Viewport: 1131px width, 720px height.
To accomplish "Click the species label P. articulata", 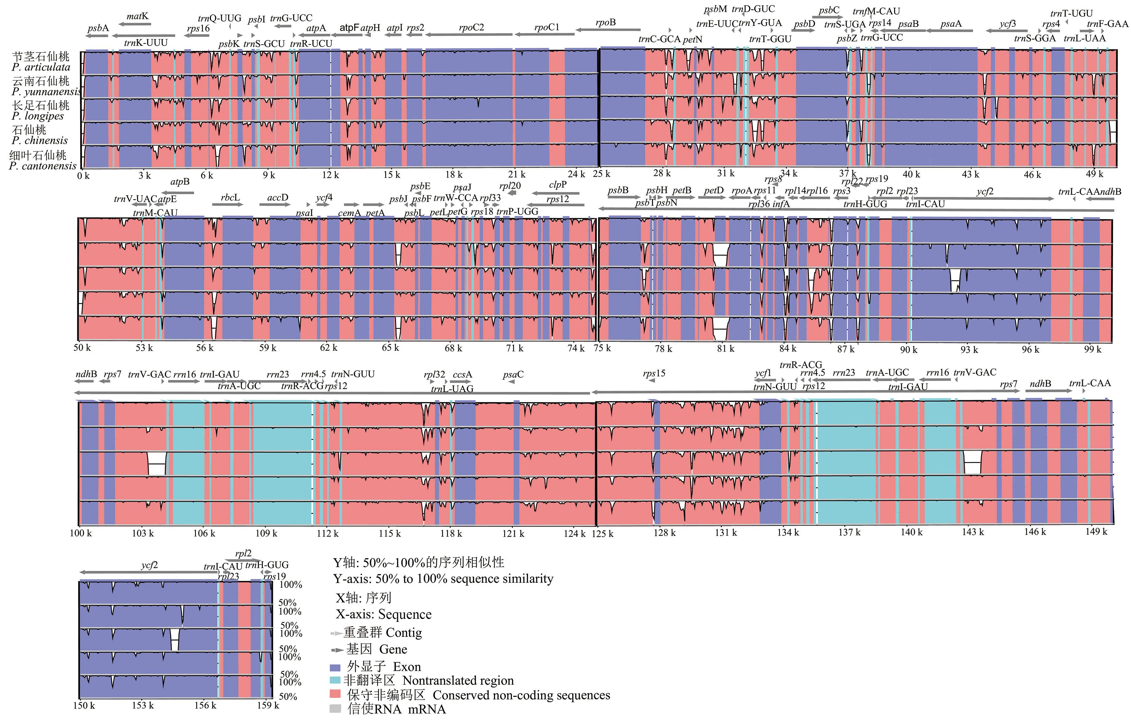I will click(41, 68).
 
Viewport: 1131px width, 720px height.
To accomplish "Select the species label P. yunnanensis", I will click(46, 92).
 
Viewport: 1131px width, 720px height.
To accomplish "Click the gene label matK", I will click(137, 17).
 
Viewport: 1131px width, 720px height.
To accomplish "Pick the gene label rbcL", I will click(230, 198).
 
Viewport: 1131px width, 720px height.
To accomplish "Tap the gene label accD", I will click(278, 198).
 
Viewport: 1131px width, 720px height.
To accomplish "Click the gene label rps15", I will click(654, 374).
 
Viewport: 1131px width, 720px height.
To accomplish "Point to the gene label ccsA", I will click(462, 375).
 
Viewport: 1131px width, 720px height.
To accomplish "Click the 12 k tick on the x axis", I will click(330, 175).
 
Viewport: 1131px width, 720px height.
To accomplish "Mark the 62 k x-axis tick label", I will click(328, 348).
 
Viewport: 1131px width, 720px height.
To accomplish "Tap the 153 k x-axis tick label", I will click(142, 705).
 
